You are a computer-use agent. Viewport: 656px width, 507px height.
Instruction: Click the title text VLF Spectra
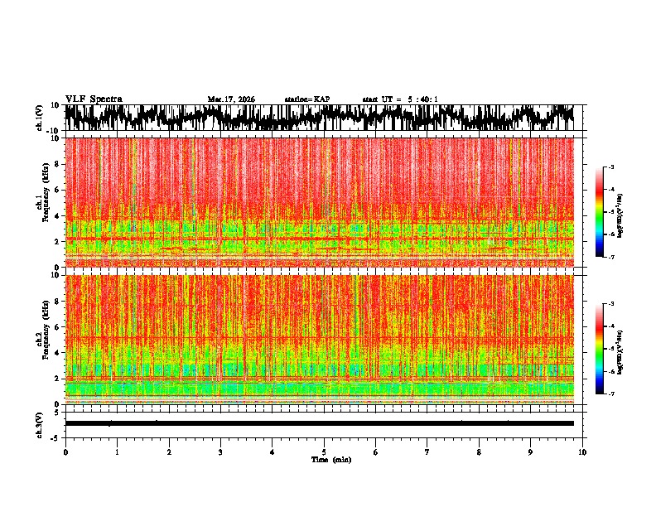pos(94,99)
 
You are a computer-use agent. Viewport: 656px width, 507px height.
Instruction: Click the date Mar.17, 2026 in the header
pos(231,99)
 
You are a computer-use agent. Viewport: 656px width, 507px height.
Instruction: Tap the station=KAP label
pos(307,99)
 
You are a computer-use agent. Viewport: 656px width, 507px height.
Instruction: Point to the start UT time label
pos(400,99)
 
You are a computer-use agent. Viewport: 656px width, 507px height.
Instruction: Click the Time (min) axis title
pos(330,459)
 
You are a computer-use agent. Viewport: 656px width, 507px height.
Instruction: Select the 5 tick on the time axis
pos(324,452)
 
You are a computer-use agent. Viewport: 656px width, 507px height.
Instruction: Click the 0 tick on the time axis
pos(65,452)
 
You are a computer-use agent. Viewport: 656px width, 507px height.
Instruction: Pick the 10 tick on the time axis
pos(582,452)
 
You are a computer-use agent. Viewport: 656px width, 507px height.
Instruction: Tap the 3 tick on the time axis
pos(220,452)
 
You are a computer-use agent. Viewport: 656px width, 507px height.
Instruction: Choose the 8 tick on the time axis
pos(479,452)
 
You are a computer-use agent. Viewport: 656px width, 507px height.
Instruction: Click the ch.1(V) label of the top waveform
pos(40,118)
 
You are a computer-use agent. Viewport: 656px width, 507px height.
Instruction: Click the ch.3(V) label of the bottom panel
pos(40,423)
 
